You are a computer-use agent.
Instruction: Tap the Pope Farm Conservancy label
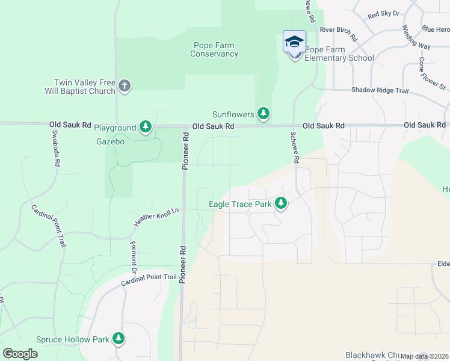[214, 49]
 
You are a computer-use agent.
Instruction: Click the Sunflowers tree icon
[263, 113]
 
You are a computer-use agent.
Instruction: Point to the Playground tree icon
[145, 127]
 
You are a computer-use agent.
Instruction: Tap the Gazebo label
[110, 141]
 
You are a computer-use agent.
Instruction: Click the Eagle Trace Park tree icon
[280, 203]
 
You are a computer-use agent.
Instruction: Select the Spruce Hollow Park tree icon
[119, 339]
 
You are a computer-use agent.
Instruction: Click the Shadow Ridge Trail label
[380, 90]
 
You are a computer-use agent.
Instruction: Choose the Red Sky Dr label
[383, 13]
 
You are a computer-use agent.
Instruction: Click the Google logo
[20, 353]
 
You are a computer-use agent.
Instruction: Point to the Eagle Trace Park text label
[239, 204]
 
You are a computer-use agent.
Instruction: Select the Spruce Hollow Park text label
[73, 339]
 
